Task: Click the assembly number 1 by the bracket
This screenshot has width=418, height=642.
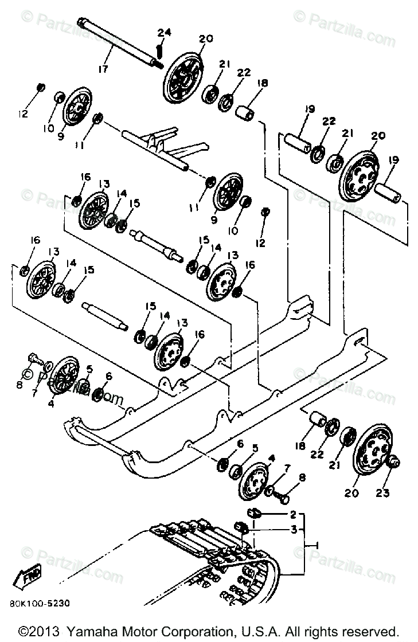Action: pos(317,545)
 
